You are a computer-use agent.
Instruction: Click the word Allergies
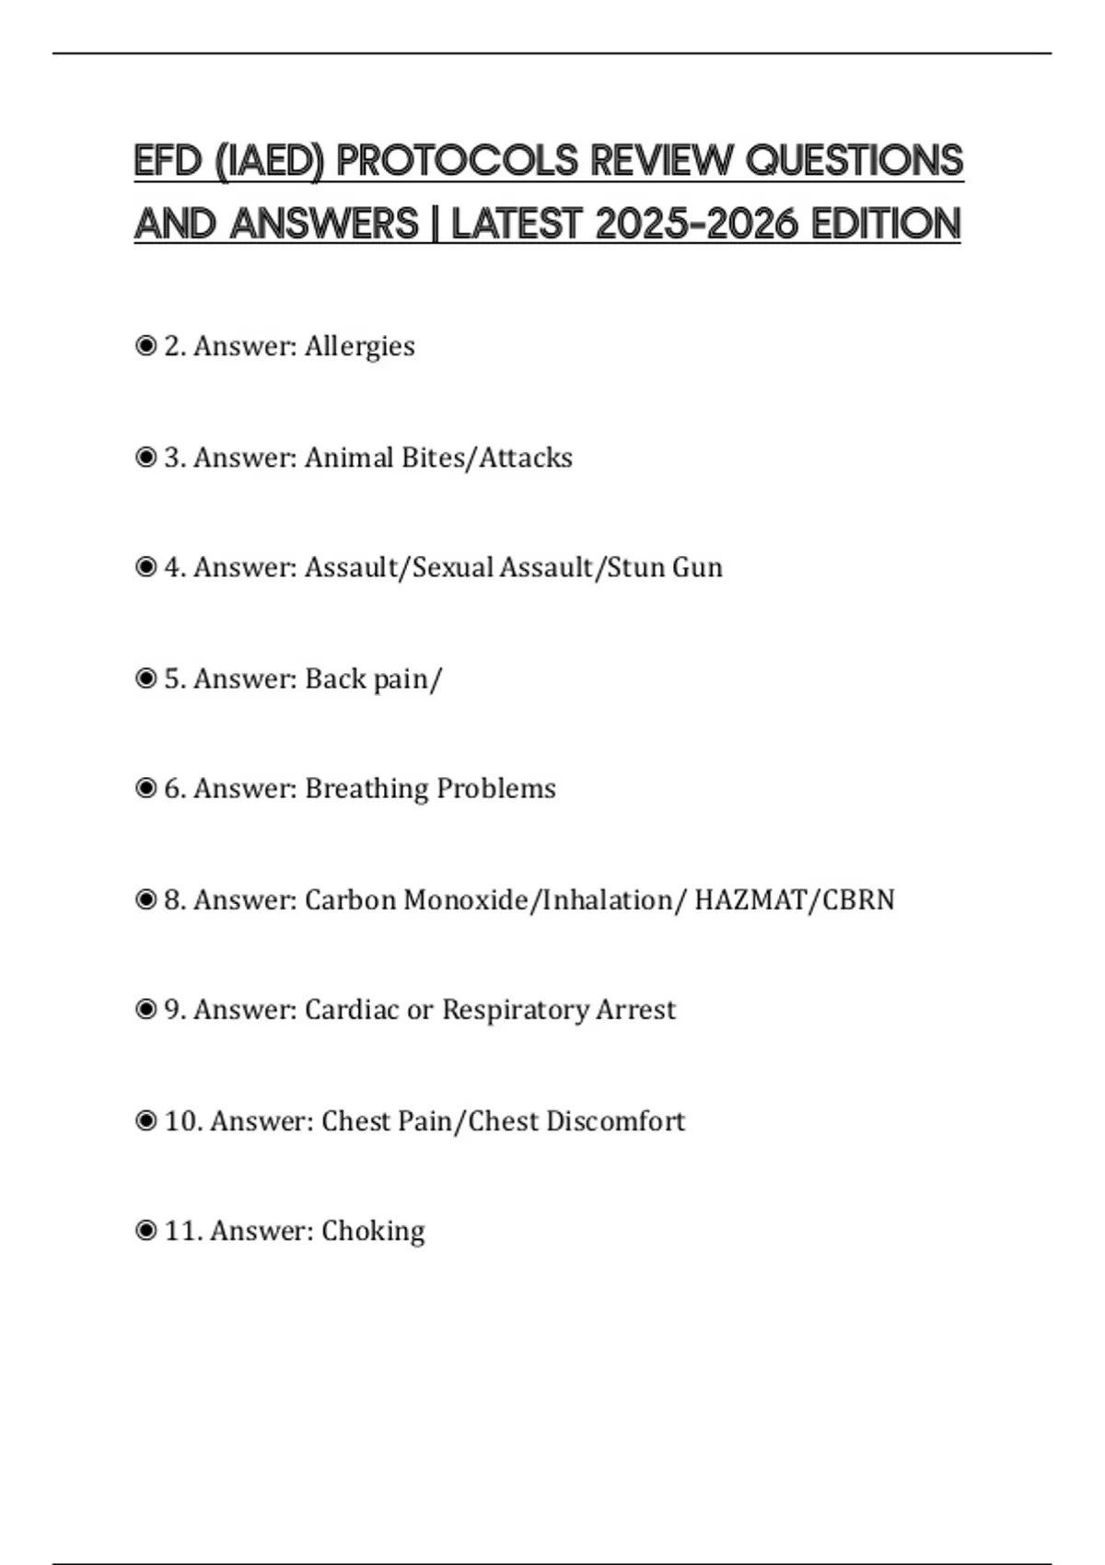[359, 347]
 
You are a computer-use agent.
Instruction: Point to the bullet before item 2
[145, 346]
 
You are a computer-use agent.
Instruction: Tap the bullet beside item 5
[145, 678]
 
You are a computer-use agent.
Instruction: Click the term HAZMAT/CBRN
[794, 899]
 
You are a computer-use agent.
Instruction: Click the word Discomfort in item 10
[615, 1121]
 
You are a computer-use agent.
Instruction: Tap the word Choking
[373, 1232]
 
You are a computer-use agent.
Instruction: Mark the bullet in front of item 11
[145, 1231]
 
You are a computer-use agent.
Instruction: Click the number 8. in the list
[175, 899]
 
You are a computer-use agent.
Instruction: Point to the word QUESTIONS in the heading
[854, 161]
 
